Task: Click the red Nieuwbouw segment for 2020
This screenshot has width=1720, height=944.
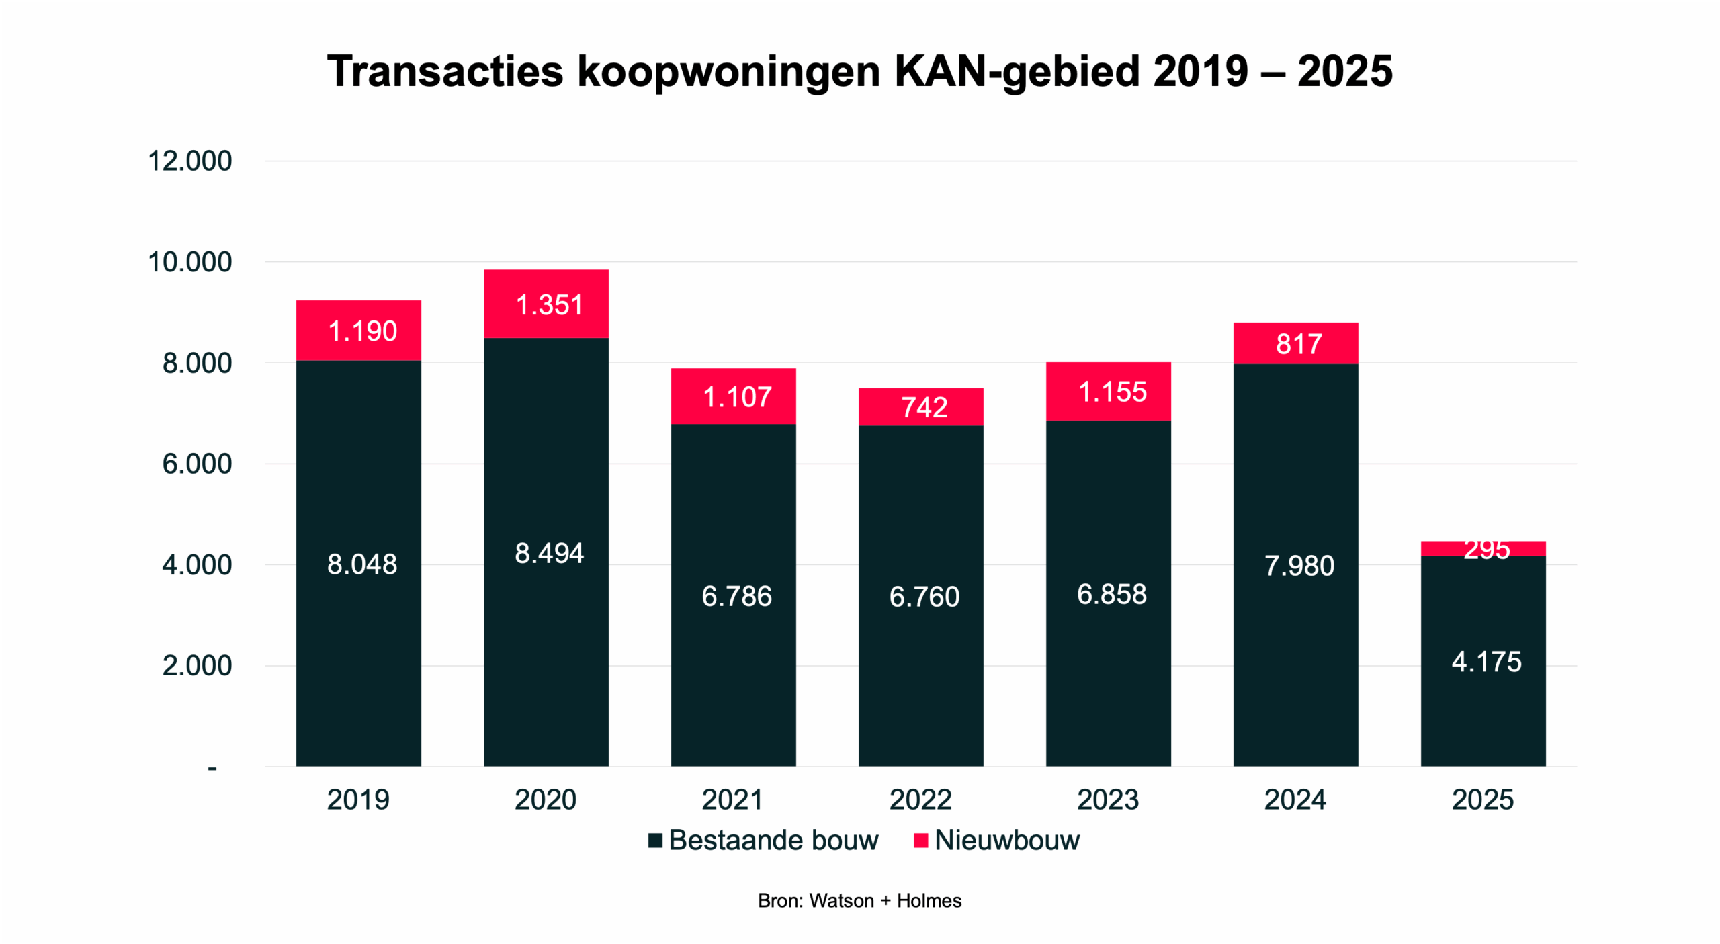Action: (546, 304)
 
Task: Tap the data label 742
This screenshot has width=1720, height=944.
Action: (924, 407)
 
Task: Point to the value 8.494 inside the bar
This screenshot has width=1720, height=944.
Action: (549, 553)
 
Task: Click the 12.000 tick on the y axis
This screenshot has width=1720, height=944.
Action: (189, 161)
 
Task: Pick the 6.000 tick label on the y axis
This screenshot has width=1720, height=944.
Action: (197, 464)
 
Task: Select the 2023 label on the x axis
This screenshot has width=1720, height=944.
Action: (1108, 800)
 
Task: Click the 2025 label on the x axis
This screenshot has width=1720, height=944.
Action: (1483, 800)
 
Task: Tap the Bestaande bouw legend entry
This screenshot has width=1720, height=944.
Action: (773, 840)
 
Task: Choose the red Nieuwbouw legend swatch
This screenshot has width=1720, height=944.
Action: (921, 840)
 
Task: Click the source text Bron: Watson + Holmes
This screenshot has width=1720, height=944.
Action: (859, 900)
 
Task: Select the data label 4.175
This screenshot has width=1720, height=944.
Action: (1486, 662)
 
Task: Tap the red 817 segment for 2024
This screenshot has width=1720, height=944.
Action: (1296, 343)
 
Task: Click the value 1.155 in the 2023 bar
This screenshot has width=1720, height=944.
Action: (1113, 392)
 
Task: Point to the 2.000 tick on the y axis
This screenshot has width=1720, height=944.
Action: (197, 666)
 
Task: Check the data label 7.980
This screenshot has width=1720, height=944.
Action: (1299, 566)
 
